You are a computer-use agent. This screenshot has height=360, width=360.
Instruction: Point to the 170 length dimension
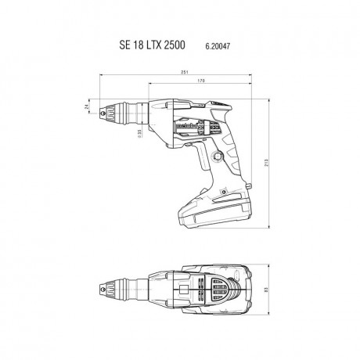coord(203,81)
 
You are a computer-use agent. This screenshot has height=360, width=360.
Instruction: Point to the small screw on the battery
coord(191,205)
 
